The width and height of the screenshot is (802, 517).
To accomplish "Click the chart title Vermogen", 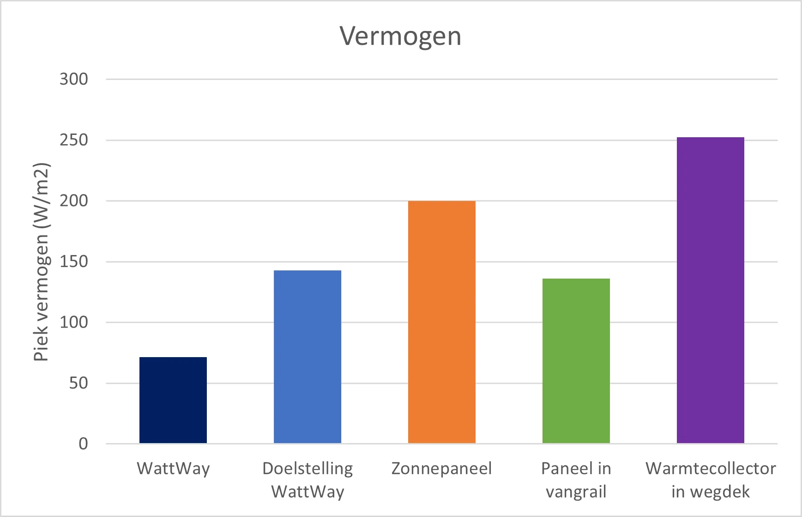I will point(400,36).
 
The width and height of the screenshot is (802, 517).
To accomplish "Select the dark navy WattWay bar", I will point(173,400).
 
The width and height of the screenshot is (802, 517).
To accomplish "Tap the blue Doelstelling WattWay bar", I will point(308,357).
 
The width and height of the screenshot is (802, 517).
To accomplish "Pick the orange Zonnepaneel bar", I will point(442,322).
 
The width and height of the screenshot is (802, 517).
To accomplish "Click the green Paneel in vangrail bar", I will point(576,361).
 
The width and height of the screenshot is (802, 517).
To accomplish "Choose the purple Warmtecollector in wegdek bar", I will point(711,290).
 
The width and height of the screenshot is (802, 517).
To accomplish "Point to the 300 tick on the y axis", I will point(74,79).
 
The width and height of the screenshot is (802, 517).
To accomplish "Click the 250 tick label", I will point(74,140).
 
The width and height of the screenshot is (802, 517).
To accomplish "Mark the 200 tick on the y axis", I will point(74,201).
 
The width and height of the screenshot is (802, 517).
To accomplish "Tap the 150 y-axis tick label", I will point(74,262).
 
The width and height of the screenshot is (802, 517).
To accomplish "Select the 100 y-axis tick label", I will point(74,322).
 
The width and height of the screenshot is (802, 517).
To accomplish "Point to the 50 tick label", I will point(78,383).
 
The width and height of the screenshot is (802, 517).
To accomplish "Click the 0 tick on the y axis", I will point(83,444).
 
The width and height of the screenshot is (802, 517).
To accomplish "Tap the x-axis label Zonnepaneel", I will point(442,468).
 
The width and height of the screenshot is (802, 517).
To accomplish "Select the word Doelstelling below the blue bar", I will point(308,468).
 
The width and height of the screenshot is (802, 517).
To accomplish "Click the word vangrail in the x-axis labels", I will point(576,492).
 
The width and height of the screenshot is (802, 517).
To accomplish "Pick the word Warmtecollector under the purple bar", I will point(711,468).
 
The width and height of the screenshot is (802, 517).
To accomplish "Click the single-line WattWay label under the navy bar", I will point(173,468).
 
